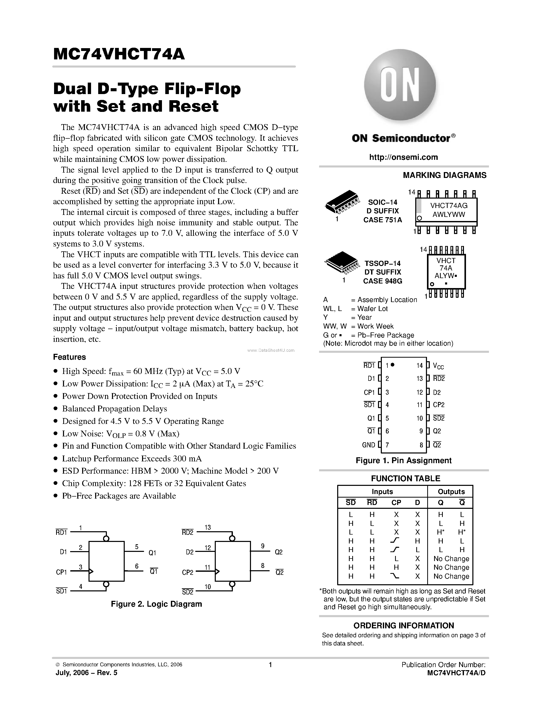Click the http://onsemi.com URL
click(403, 157)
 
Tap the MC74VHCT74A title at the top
click(119, 54)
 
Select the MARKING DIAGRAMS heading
click(444, 175)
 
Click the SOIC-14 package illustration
click(341, 204)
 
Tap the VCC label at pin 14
click(438, 366)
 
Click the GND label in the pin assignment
click(368, 445)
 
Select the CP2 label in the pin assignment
click(439, 405)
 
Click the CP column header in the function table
click(396, 503)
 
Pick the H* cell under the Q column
click(440, 532)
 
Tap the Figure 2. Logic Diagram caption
click(156, 604)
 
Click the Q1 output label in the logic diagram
click(152, 553)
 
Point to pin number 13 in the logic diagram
click(208, 527)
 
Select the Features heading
click(69, 357)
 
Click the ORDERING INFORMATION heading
click(404, 626)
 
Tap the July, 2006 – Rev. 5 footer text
click(86, 673)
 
